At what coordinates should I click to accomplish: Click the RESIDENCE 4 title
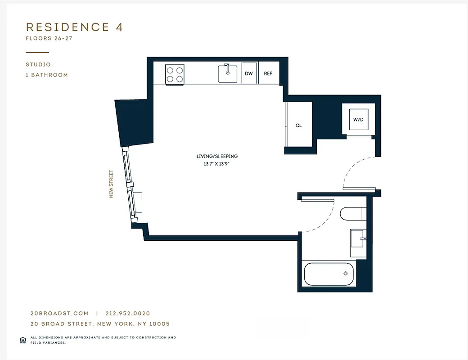point(74,27)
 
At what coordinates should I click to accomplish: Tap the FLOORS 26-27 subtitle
point(49,39)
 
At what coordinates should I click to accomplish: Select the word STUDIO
point(38,65)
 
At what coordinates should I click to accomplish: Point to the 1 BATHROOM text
point(47,75)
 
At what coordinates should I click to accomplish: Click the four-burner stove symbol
point(175,74)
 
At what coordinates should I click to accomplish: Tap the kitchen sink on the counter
point(228,73)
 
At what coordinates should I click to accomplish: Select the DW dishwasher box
point(249,74)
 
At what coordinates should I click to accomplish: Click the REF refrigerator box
point(268,74)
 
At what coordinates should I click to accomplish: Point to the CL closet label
point(299,126)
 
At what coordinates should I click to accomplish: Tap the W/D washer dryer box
point(358,120)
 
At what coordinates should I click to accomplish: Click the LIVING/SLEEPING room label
point(217,156)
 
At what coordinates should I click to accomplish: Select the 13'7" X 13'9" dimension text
point(217,164)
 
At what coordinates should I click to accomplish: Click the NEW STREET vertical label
point(111,184)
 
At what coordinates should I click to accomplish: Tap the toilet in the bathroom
point(353,214)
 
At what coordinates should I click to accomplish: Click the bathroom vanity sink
point(359,243)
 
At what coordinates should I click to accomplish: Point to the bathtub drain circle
point(346,273)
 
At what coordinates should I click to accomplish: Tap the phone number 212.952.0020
point(128,314)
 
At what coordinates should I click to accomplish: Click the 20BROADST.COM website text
point(59,314)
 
